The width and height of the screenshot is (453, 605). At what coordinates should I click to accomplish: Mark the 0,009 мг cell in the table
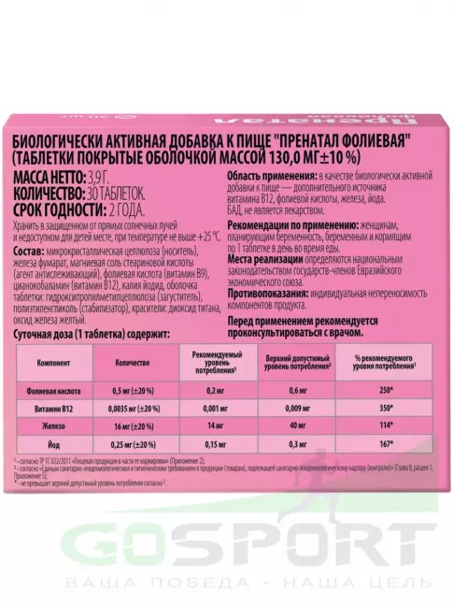[x=299, y=410]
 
